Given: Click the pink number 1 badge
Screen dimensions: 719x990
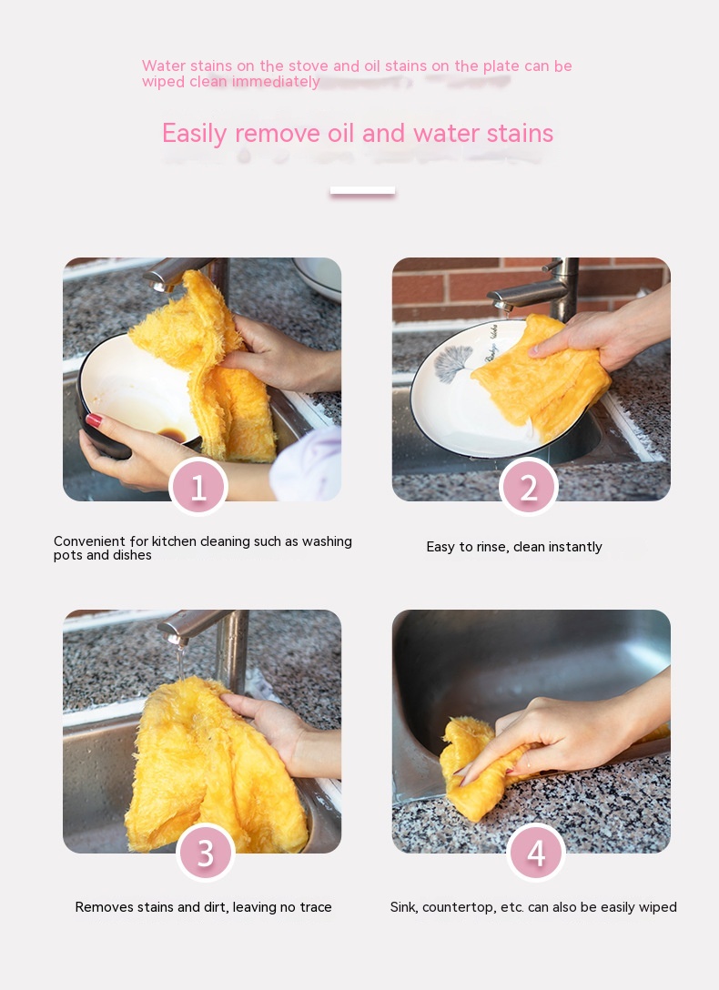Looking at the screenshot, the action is tap(198, 487).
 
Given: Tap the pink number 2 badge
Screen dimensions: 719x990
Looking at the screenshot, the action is tap(529, 487).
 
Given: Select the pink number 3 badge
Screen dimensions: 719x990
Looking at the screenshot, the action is tap(205, 853).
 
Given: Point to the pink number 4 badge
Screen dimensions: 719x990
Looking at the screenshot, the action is tap(535, 853).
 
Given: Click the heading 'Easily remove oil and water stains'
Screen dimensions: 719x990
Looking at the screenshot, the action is tap(358, 133).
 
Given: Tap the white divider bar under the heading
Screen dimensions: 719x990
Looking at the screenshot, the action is tap(362, 190).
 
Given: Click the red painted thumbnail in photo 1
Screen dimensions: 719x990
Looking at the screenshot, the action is tap(94, 419).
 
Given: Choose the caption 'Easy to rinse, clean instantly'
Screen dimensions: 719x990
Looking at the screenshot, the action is tap(514, 547).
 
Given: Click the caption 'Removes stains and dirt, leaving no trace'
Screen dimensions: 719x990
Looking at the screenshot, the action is tap(203, 907).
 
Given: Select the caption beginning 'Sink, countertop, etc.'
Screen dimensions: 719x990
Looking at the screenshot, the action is tap(533, 907).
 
